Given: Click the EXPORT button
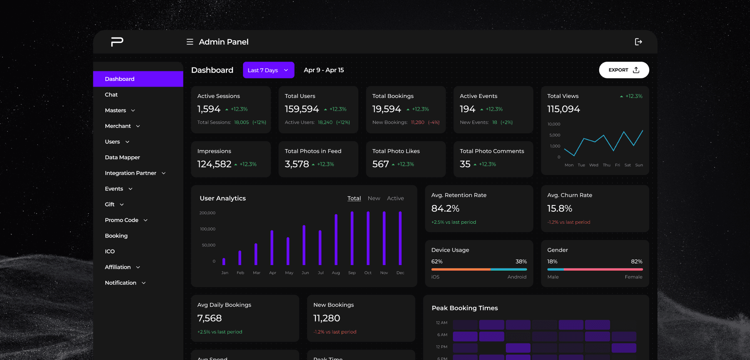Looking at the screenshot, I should tap(624, 70).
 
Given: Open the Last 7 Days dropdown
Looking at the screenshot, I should tap(268, 70).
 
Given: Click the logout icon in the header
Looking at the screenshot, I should tap(638, 42).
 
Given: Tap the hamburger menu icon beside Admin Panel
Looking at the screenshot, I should tap(190, 42).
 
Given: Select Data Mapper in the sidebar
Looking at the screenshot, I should tap(122, 157).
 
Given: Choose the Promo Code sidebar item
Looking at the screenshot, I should tap(122, 220).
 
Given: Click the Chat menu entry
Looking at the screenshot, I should tap(111, 95).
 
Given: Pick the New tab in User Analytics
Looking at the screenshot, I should tap(374, 198).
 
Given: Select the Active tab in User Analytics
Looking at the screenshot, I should tap(395, 198).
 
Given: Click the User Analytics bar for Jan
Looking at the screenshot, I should tap(224, 262).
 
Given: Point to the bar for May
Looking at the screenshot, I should tap(288, 251).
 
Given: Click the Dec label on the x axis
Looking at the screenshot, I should tap(400, 273).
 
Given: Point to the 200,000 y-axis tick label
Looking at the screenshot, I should tap(207, 213).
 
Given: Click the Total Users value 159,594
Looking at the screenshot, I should tap(302, 109).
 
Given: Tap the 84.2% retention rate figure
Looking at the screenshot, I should tap(445, 208).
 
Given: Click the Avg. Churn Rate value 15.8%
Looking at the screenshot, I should tap(560, 208).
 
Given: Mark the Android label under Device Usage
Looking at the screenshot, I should tap(517, 277).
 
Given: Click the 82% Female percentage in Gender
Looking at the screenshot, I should tap(637, 262).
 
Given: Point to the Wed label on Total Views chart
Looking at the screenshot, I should tap(594, 165).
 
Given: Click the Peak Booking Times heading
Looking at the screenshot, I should tap(465, 308).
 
